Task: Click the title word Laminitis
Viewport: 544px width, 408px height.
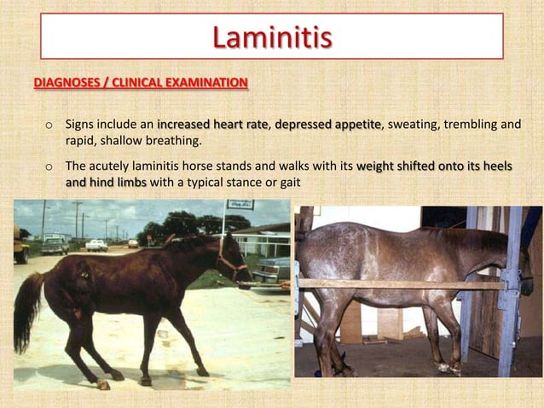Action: [271, 38]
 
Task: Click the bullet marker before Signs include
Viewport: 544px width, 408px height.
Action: [49, 125]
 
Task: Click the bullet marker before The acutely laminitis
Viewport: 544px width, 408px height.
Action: [49, 166]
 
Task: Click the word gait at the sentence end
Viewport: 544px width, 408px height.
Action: [288, 182]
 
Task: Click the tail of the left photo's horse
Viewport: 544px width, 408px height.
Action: [27, 312]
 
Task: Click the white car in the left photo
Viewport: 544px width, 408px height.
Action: [96, 245]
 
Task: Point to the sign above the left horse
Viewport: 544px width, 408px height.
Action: [240, 205]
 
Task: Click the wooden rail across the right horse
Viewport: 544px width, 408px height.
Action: [401, 283]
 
